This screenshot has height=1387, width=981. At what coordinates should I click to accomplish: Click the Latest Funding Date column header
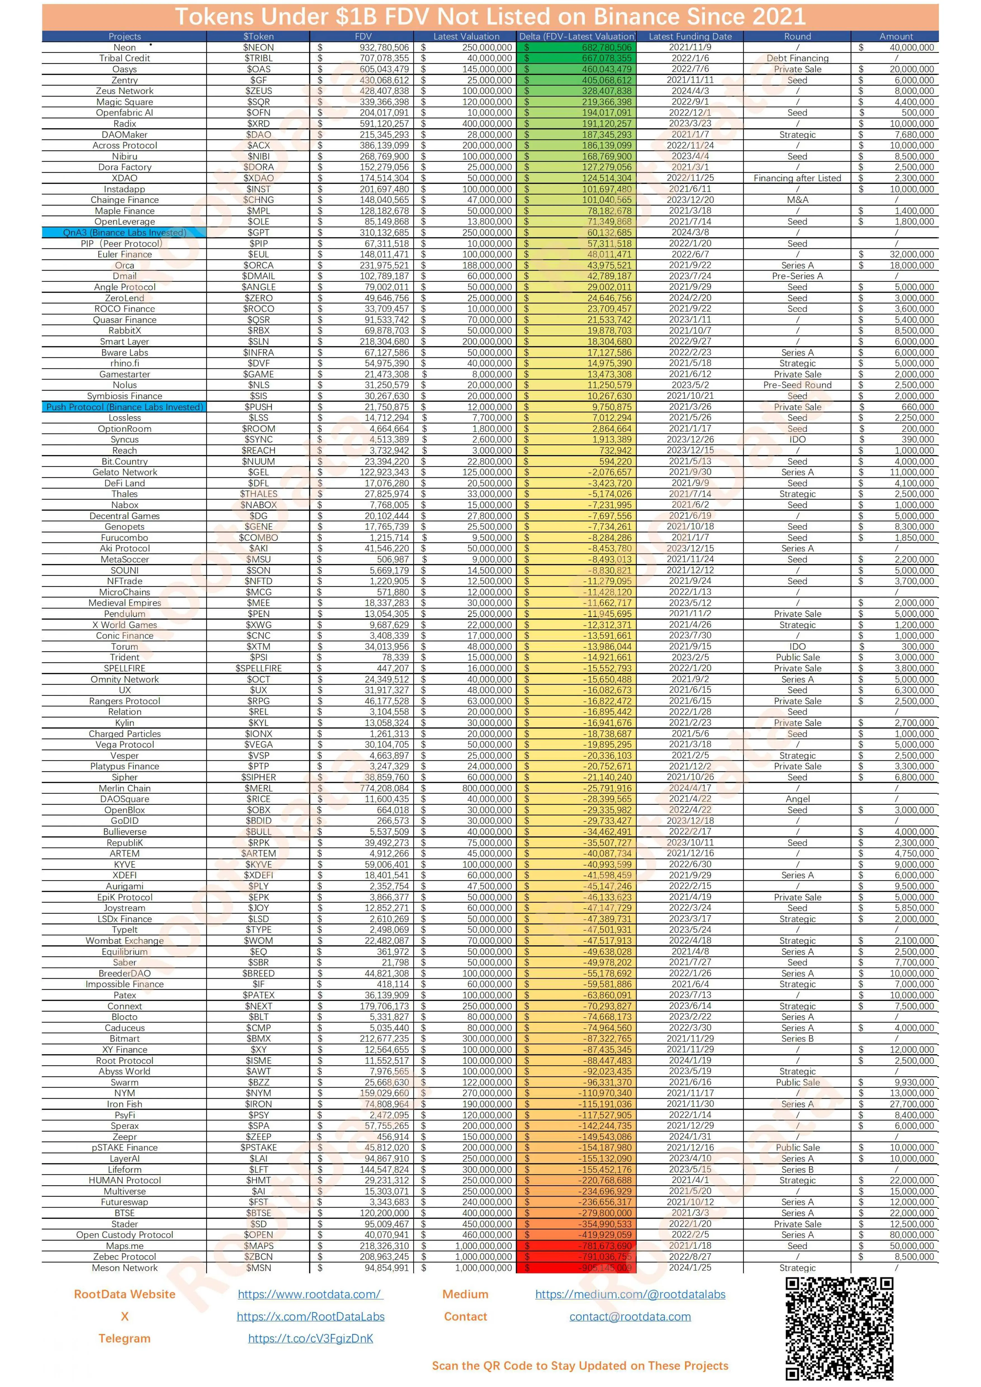(x=690, y=36)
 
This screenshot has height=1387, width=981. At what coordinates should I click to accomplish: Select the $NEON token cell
(x=259, y=47)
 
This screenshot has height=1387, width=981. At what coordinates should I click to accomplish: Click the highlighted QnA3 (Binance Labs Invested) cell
(x=124, y=233)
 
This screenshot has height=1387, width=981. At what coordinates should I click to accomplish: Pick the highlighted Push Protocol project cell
(x=124, y=407)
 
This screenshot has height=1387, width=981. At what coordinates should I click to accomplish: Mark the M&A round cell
(x=797, y=200)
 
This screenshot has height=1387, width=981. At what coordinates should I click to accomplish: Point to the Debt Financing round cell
(x=797, y=58)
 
